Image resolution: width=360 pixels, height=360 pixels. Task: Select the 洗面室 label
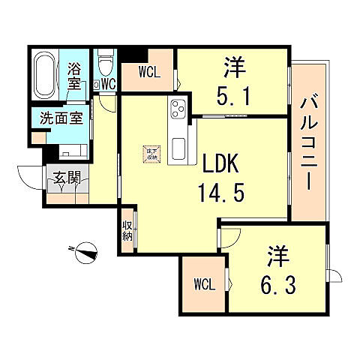click(56, 118)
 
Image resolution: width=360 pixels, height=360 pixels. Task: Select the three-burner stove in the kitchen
click(179, 109)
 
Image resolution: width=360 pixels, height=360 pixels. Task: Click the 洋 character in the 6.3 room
click(277, 256)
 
